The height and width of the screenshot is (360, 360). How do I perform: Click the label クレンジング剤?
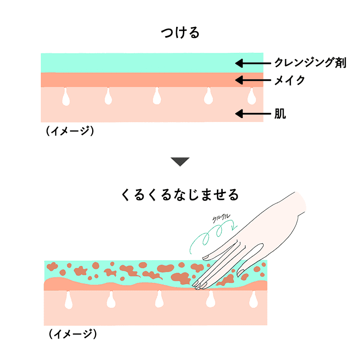(x=310, y=62)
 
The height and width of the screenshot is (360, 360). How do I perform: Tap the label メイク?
(x=289, y=80)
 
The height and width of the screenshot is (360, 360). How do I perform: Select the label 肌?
(x=280, y=114)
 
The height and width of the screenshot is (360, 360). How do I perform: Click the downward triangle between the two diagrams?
(x=180, y=162)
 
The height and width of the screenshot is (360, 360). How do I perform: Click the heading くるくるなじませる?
(x=180, y=195)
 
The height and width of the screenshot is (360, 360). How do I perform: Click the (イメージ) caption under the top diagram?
(x=70, y=131)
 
